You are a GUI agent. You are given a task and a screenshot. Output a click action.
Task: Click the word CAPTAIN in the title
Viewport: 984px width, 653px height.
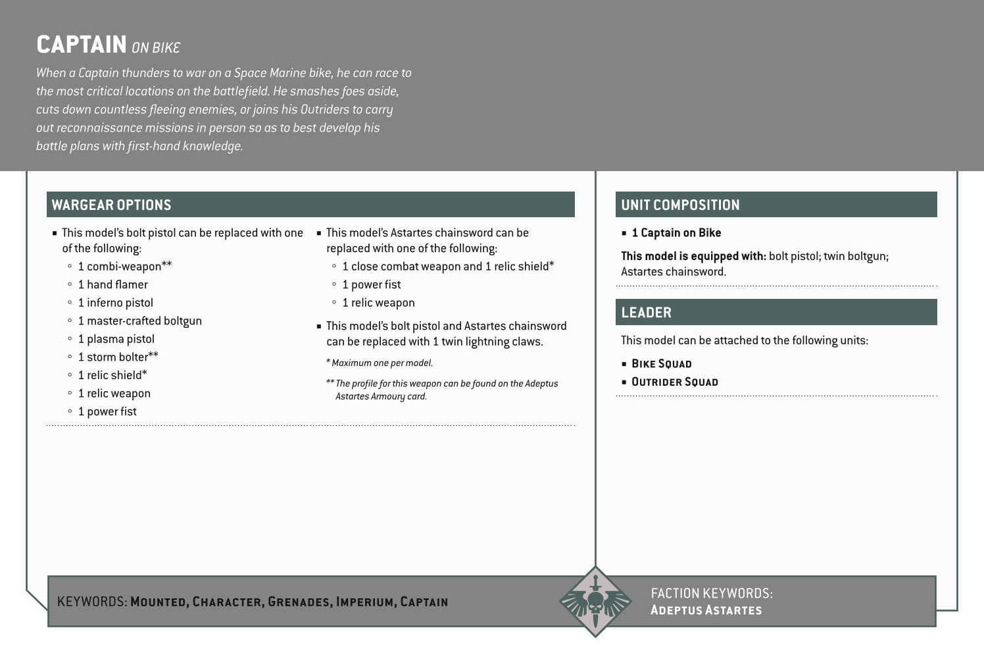click(82, 45)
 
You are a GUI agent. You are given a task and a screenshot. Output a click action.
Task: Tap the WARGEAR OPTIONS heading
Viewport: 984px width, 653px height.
click(111, 205)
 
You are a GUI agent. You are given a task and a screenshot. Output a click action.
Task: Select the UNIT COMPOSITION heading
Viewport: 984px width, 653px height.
click(680, 205)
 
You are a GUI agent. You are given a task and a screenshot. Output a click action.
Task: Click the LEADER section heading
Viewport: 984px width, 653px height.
click(646, 312)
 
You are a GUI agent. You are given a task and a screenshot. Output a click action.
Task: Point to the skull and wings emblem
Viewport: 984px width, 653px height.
click(595, 602)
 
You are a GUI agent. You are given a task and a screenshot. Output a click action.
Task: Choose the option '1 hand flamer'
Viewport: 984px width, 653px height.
click(112, 284)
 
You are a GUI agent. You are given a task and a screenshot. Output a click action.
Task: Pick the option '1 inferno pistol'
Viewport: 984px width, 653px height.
click(115, 303)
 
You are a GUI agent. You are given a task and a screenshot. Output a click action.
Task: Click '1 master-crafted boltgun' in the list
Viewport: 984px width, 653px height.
click(139, 321)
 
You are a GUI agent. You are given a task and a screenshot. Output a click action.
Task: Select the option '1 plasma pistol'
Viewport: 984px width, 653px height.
click(116, 339)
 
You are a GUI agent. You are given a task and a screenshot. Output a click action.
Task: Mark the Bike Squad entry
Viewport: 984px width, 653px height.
click(661, 363)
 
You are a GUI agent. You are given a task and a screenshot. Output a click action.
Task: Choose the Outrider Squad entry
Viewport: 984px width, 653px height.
click(674, 382)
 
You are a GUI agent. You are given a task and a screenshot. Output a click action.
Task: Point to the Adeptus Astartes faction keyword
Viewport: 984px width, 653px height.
click(706, 610)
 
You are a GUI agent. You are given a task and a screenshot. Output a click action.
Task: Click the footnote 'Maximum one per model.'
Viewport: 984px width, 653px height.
click(381, 363)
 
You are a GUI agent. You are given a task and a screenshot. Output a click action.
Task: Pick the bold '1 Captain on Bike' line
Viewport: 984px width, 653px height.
click(676, 233)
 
